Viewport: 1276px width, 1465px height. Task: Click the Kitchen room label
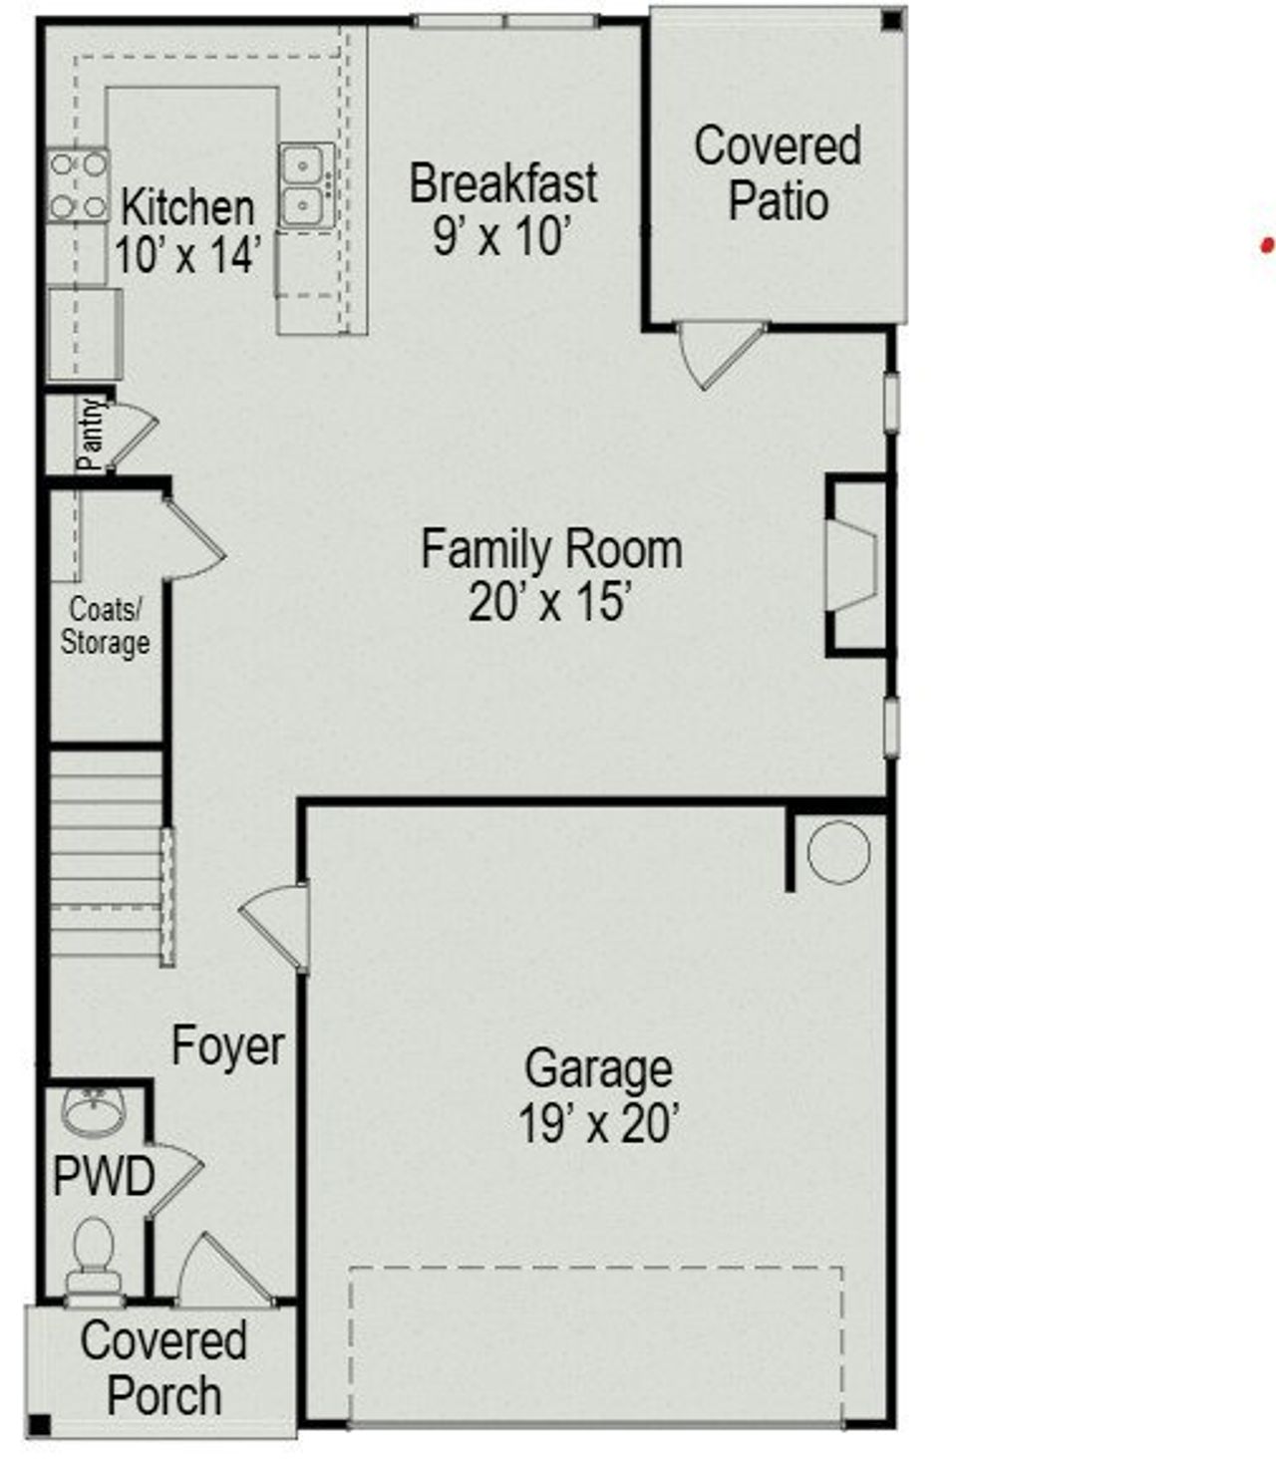(x=187, y=208)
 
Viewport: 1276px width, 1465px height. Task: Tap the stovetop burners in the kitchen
(x=78, y=185)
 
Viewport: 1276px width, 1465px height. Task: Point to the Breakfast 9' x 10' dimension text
(x=502, y=236)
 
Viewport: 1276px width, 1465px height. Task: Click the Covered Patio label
(x=778, y=173)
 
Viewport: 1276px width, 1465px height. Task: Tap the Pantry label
(x=92, y=435)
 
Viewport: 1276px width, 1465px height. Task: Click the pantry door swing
(x=133, y=435)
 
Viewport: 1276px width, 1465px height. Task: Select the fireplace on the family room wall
(x=855, y=567)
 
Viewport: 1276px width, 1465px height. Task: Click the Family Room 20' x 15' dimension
(x=550, y=602)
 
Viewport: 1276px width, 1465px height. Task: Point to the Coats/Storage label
(x=105, y=626)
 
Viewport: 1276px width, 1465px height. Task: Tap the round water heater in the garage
(x=837, y=852)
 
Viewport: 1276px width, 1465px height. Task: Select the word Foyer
(x=228, y=1045)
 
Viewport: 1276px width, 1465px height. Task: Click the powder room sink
(x=93, y=1109)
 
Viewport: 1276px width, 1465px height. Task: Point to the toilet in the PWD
(x=94, y=1256)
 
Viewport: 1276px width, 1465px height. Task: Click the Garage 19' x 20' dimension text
(x=598, y=1124)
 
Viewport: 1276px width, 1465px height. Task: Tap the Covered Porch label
(x=163, y=1367)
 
